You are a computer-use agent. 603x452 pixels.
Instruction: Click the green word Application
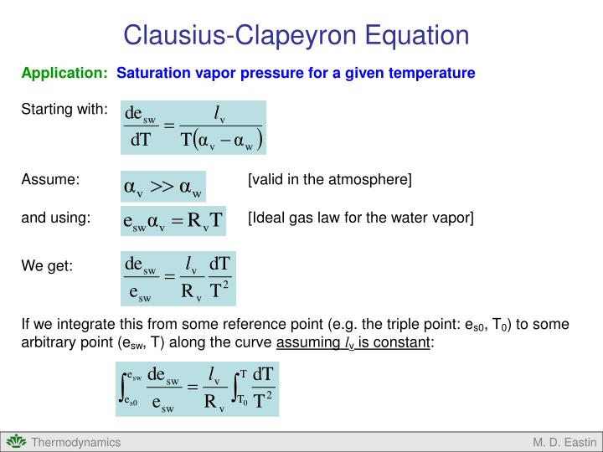click(64, 74)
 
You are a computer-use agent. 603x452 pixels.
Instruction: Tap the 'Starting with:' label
click(64, 110)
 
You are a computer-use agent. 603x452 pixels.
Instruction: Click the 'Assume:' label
click(50, 179)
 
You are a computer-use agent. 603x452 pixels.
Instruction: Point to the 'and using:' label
click(55, 218)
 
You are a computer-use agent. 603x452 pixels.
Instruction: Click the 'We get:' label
click(47, 266)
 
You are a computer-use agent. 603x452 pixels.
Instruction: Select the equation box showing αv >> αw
click(163, 187)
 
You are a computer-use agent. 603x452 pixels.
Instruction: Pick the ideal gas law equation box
click(173, 221)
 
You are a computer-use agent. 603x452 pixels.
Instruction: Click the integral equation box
click(198, 388)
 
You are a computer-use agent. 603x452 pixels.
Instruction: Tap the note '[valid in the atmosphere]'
click(329, 179)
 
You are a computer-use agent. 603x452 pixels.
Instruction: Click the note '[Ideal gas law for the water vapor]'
click(360, 218)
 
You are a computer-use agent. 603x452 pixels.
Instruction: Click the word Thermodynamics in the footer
click(76, 442)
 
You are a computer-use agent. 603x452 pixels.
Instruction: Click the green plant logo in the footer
click(15, 442)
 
